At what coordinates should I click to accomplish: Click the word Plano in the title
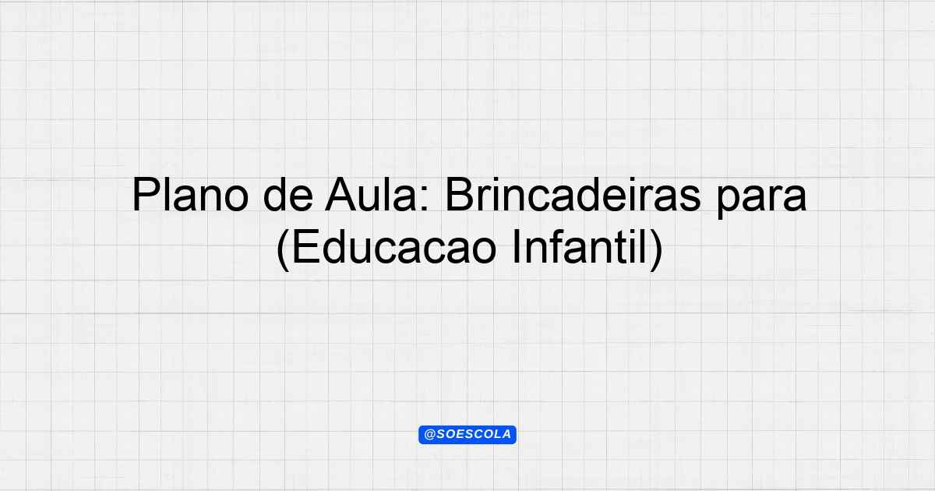tap(190, 195)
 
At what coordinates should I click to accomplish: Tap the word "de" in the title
tap(288, 195)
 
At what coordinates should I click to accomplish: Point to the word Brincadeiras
tap(573, 195)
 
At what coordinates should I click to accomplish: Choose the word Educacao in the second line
tap(394, 247)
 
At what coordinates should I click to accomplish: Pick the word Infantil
tap(580, 247)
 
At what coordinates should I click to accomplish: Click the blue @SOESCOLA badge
tap(467, 435)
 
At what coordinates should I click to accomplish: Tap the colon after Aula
tap(425, 200)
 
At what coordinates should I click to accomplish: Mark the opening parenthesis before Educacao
tap(283, 249)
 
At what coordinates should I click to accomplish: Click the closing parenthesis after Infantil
tap(656, 249)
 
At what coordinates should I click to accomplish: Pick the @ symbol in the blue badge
tap(430, 435)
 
